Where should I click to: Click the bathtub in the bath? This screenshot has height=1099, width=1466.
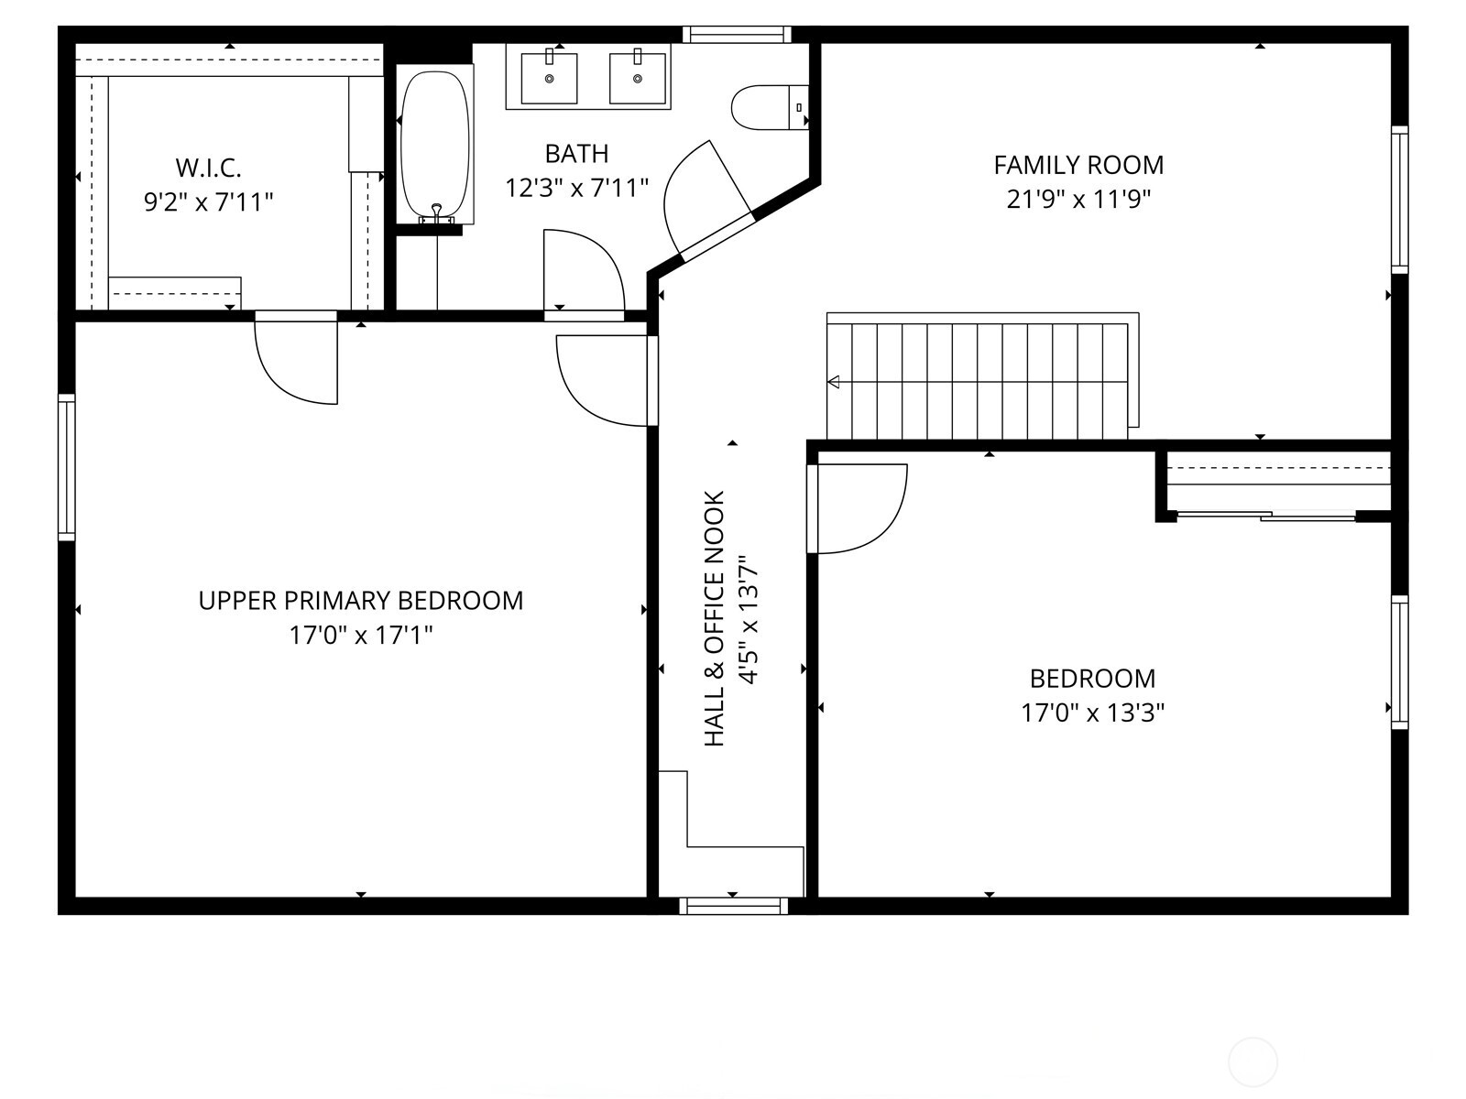[x=435, y=144]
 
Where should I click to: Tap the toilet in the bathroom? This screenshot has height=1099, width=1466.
[x=770, y=107]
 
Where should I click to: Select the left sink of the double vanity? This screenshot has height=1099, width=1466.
[x=549, y=78]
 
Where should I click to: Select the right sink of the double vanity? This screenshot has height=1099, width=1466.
[x=637, y=78]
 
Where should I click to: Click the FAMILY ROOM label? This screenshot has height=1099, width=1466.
[x=1078, y=165]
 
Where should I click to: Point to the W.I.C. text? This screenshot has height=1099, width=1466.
[x=208, y=168]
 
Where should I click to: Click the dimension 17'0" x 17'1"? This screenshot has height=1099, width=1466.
[x=361, y=635]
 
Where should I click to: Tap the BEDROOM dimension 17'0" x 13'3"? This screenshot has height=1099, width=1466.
[x=1093, y=713]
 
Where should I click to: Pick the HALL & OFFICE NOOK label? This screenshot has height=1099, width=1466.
[x=714, y=618]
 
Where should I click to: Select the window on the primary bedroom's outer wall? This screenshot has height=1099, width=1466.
[x=66, y=466]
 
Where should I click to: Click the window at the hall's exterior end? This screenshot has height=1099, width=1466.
[x=733, y=906]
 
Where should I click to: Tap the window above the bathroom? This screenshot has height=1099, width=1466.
[x=737, y=34]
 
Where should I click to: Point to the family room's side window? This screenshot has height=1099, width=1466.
[x=1400, y=200]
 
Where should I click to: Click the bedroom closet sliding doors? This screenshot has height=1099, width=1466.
[x=1266, y=515]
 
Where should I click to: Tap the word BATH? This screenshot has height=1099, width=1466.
[x=577, y=154]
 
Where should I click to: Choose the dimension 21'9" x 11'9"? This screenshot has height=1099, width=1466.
[x=1078, y=199]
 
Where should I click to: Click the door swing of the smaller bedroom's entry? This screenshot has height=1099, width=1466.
[x=859, y=508]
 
